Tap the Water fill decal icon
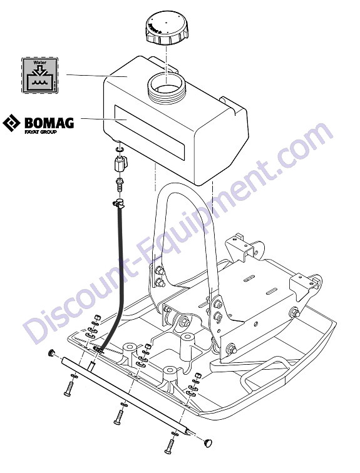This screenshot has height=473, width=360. pyautogui.click(x=40, y=75)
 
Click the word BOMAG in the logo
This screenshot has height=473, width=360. pyautogui.click(x=49, y=123)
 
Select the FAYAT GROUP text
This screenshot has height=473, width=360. pyautogui.click(x=41, y=132)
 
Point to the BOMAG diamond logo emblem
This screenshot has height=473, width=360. pyautogui.click(x=11, y=123)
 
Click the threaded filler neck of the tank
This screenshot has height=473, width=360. pyautogui.click(x=166, y=89)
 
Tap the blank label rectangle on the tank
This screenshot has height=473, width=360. pyautogui.click(x=150, y=132)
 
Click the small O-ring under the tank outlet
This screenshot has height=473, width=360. pyautogui.click(x=119, y=149)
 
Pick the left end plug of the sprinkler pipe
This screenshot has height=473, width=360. pyautogui.click(x=53, y=352)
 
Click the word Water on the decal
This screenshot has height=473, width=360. pyautogui.click(x=40, y=63)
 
